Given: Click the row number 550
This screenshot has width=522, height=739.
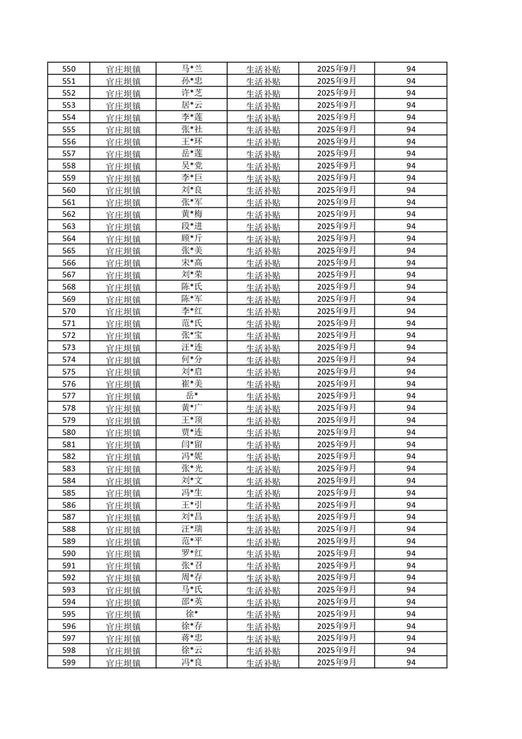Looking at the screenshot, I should coord(68,69).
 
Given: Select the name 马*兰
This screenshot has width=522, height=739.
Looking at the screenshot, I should coord(192,68).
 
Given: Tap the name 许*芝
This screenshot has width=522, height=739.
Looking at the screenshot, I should coord(192,93).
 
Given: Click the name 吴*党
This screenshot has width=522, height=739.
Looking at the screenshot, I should coord(192,165).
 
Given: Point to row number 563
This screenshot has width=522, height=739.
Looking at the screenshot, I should coord(68,227).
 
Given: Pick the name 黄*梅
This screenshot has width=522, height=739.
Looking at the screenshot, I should coord(192,214).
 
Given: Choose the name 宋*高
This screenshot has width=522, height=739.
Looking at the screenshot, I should coord(192,263).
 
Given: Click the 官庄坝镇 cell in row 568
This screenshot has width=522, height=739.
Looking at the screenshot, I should coord(123,287).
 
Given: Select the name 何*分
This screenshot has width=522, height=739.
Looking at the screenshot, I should coord(192,360).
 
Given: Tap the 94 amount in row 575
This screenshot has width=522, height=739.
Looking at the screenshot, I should coord(411,371).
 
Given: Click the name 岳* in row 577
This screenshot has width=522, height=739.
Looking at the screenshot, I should coord(192,396).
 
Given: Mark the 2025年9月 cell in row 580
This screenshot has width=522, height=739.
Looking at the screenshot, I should coord(336,432).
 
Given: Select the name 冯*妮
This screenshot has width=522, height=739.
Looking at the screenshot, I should coord(192,456).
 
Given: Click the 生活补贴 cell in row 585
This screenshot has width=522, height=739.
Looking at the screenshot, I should coord(263,493).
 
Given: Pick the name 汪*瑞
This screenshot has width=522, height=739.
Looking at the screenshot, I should coord(192,529).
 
